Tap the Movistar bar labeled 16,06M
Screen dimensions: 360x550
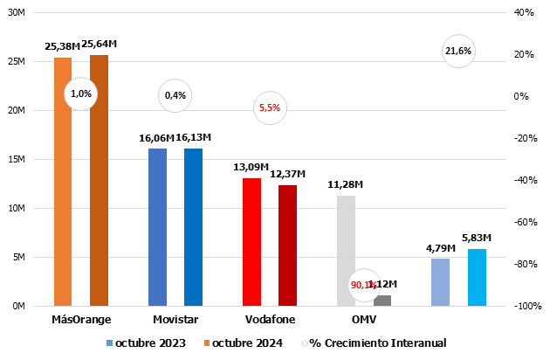click(x=157, y=227)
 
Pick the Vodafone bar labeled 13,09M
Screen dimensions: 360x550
click(x=251, y=242)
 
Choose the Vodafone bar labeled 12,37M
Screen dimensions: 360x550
click(x=287, y=246)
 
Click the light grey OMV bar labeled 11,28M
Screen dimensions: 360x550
click(x=347, y=251)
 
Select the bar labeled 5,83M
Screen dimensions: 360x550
click(x=477, y=277)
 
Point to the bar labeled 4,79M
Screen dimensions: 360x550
click(x=441, y=282)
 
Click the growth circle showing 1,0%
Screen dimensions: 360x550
click(x=80, y=93)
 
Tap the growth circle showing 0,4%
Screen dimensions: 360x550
click(x=175, y=95)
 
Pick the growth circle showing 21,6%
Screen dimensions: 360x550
click(x=458, y=51)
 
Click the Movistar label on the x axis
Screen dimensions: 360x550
click(x=175, y=320)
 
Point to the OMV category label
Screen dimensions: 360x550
click(x=364, y=320)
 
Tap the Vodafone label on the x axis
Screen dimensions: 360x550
click(x=270, y=320)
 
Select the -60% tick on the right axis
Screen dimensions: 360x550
click(x=523, y=222)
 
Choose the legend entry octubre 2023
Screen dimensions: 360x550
click(x=146, y=343)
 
